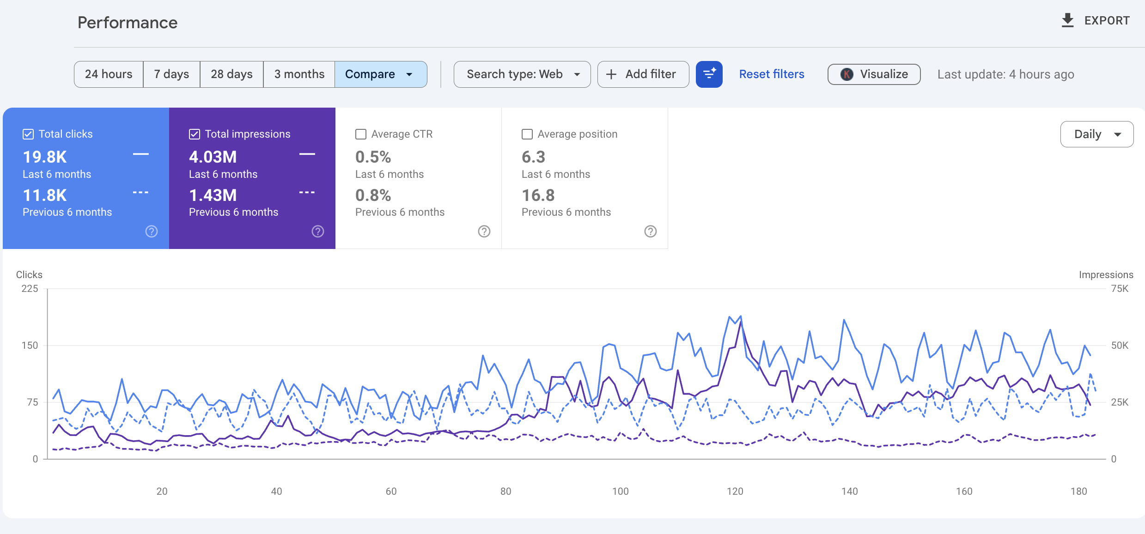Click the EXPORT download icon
tap(1067, 21)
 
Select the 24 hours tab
tap(109, 74)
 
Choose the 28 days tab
tap(231, 74)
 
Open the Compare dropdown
tap(380, 74)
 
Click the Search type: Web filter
tap(522, 74)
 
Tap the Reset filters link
tap(771, 74)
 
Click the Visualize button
tap(874, 74)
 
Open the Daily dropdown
tap(1096, 134)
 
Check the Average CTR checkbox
tap(361, 134)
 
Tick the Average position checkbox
tap(527, 134)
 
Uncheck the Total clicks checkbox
tap(28, 134)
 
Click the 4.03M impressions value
tap(213, 157)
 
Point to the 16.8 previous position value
tap(538, 195)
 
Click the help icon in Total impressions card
tap(318, 231)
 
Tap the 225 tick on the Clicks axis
tap(30, 289)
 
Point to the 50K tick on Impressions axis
tap(1119, 346)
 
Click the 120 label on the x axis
tap(735, 492)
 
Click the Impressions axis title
tap(1106, 275)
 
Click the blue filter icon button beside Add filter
tap(709, 74)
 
